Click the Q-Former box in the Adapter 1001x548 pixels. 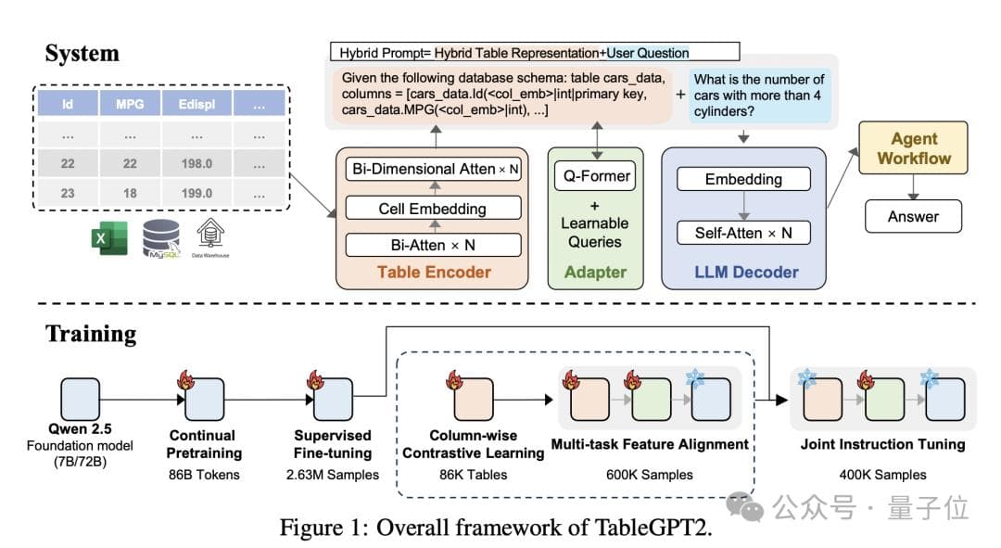594,176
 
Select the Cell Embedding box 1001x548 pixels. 432,209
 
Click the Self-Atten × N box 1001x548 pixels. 743,233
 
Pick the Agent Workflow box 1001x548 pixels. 914,148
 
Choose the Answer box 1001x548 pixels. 913,217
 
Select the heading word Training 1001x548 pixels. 91,334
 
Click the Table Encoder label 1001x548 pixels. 434,273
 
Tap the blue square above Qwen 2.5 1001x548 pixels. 80,398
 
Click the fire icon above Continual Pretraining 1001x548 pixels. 184,378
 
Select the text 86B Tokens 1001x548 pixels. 203,475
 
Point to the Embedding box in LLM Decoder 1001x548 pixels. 743,179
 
